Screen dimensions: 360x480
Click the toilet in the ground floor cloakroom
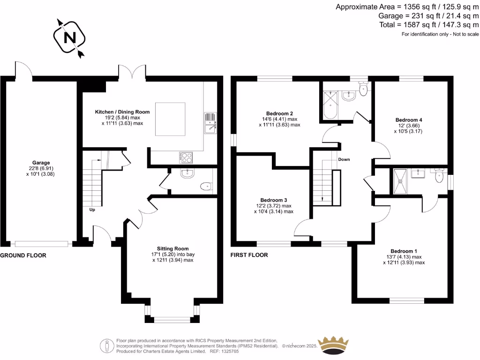206,187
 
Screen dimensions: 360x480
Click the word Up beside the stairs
92,210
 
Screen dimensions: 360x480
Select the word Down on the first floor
344,159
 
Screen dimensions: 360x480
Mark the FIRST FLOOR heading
249,255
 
